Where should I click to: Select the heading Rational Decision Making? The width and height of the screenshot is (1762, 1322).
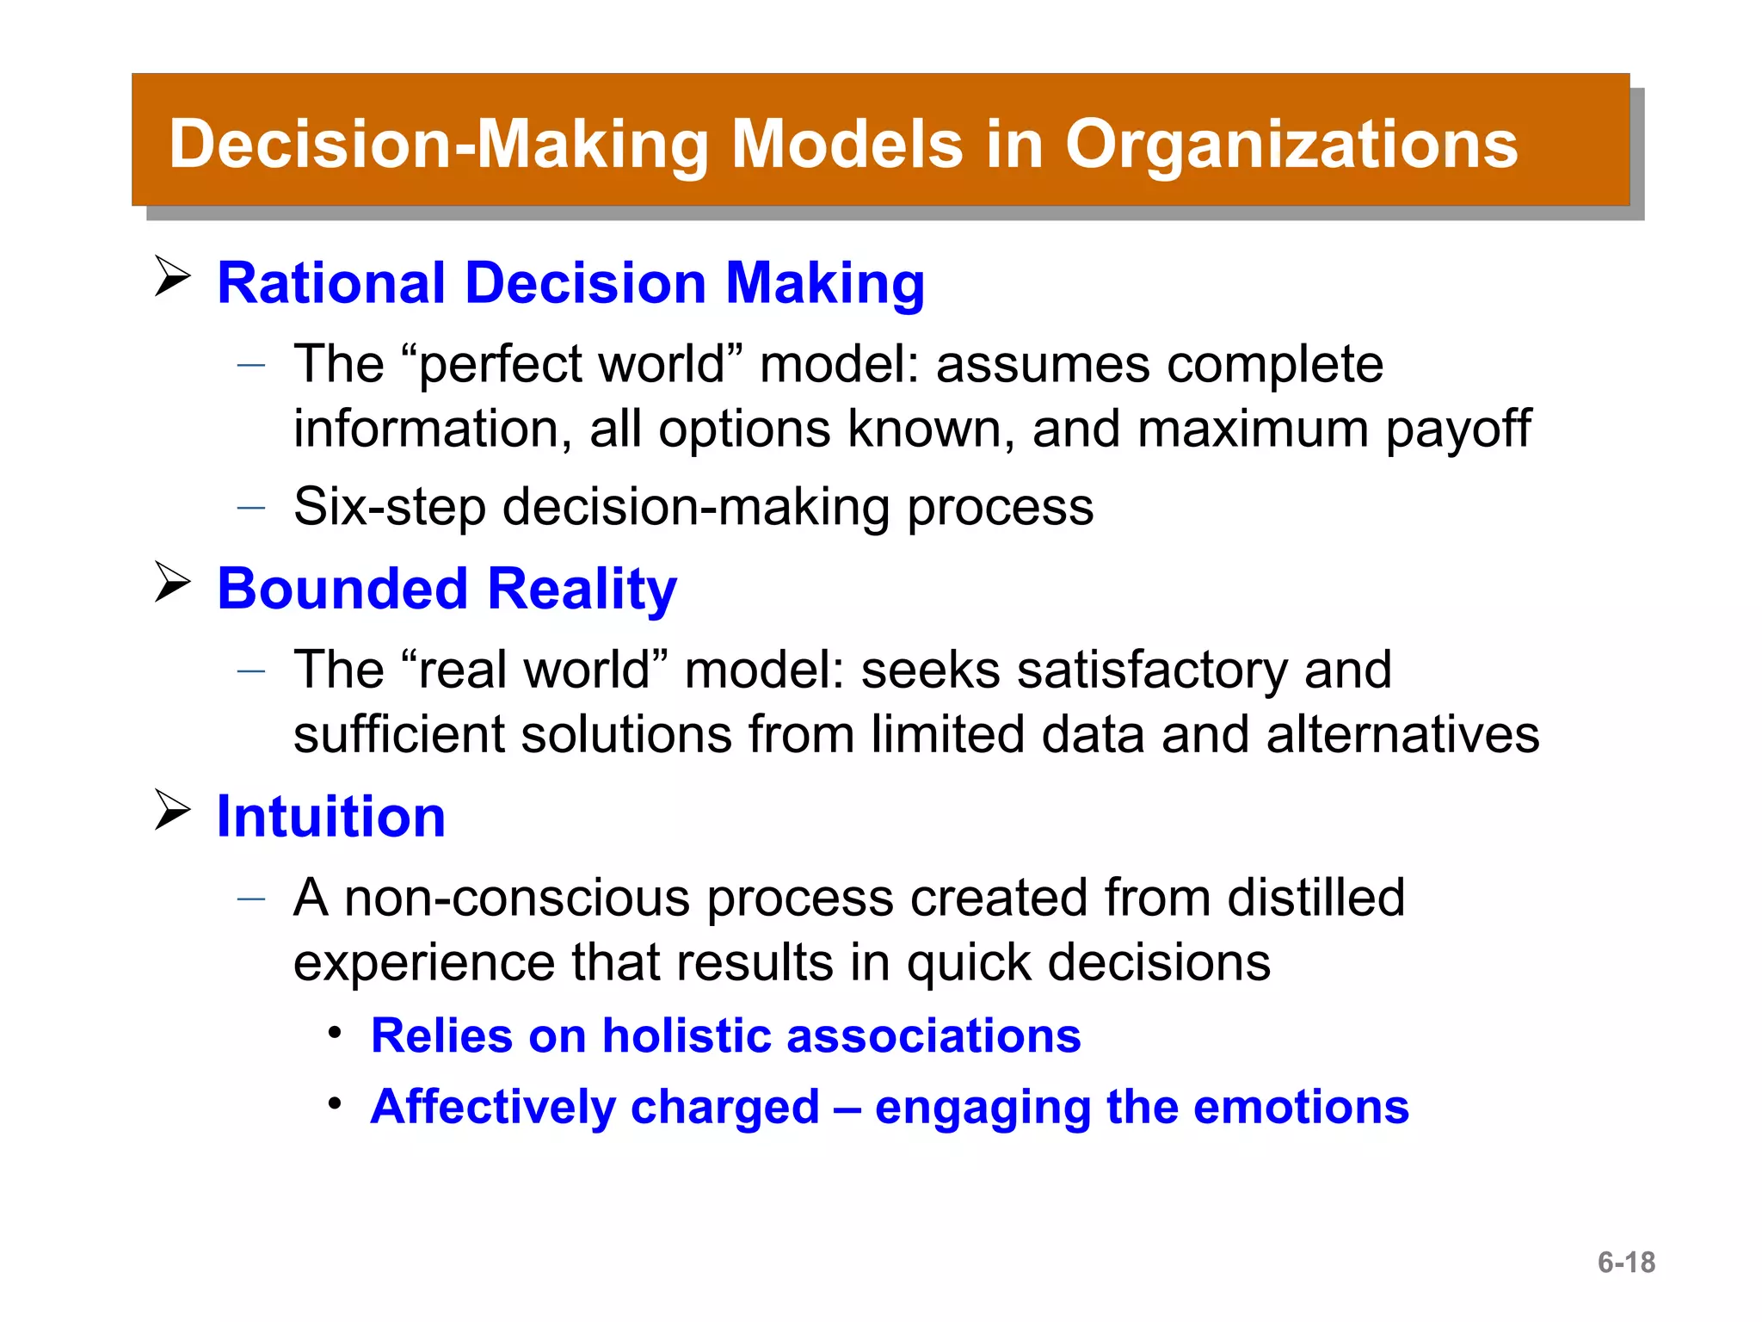point(570,284)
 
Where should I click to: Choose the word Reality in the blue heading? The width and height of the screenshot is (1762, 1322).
point(582,590)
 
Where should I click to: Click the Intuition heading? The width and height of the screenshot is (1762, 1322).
point(331,817)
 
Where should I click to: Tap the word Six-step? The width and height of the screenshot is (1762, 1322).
point(389,507)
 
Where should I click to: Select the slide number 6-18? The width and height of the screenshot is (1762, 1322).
point(1626,1263)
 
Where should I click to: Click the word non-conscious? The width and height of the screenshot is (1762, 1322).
point(516,898)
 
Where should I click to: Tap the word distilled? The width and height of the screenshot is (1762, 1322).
point(1315,898)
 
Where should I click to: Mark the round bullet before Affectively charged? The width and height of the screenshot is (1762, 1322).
point(336,1103)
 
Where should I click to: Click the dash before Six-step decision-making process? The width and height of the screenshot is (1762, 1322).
point(251,508)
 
